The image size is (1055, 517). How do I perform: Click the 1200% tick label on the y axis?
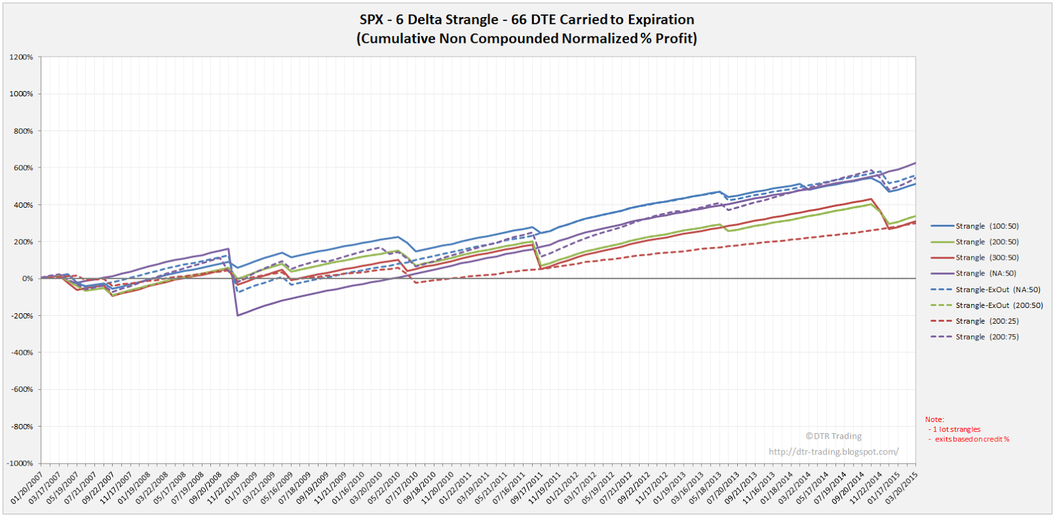click(21, 57)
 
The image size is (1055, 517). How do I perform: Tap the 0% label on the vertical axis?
click(27, 279)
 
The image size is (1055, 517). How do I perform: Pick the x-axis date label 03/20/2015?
click(901, 489)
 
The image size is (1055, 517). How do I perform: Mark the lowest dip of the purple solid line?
click(237, 316)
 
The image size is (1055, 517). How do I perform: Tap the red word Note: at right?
click(934, 419)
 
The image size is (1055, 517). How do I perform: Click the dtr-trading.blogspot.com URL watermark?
click(833, 452)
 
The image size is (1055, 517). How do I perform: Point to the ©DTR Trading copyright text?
click(833, 436)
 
